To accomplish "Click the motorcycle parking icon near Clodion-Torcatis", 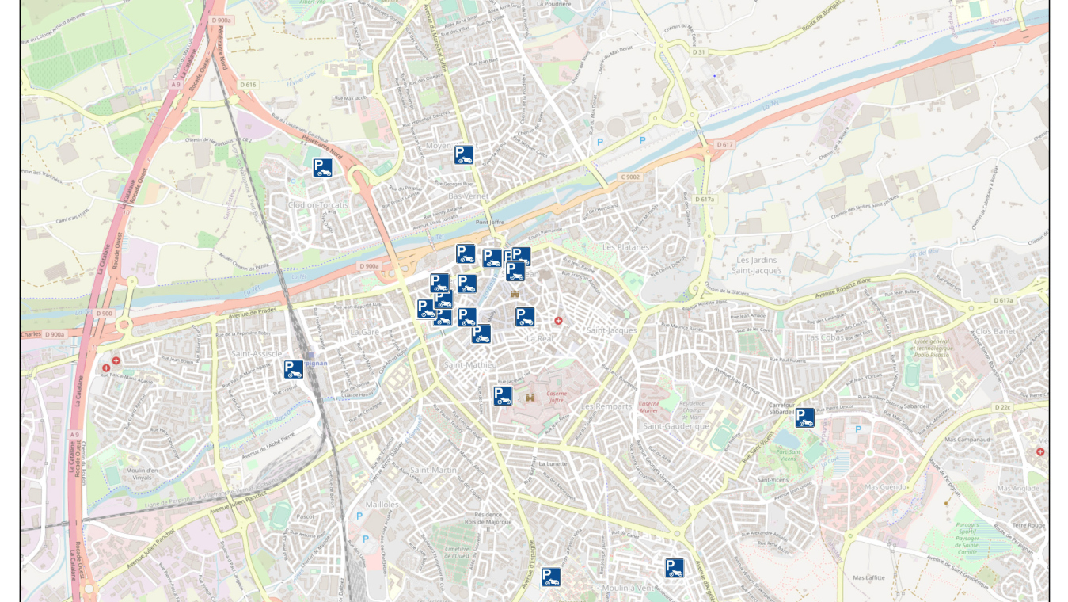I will (322, 167).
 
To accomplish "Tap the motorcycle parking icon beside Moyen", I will (464, 155).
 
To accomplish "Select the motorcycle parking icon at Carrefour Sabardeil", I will (805, 417).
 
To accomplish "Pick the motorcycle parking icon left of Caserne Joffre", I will (503, 396).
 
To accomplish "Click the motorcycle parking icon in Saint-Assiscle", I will (294, 369).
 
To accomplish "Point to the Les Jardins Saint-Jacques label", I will (758, 265).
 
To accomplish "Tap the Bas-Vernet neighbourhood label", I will (469, 196).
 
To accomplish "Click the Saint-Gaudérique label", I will (676, 426).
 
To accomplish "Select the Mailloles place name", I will (382, 505).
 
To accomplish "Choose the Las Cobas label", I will (824, 337).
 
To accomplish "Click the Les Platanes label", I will (625, 247).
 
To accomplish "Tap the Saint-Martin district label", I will (433, 471).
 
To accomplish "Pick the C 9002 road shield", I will (629, 177).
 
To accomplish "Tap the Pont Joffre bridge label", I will (490, 223).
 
